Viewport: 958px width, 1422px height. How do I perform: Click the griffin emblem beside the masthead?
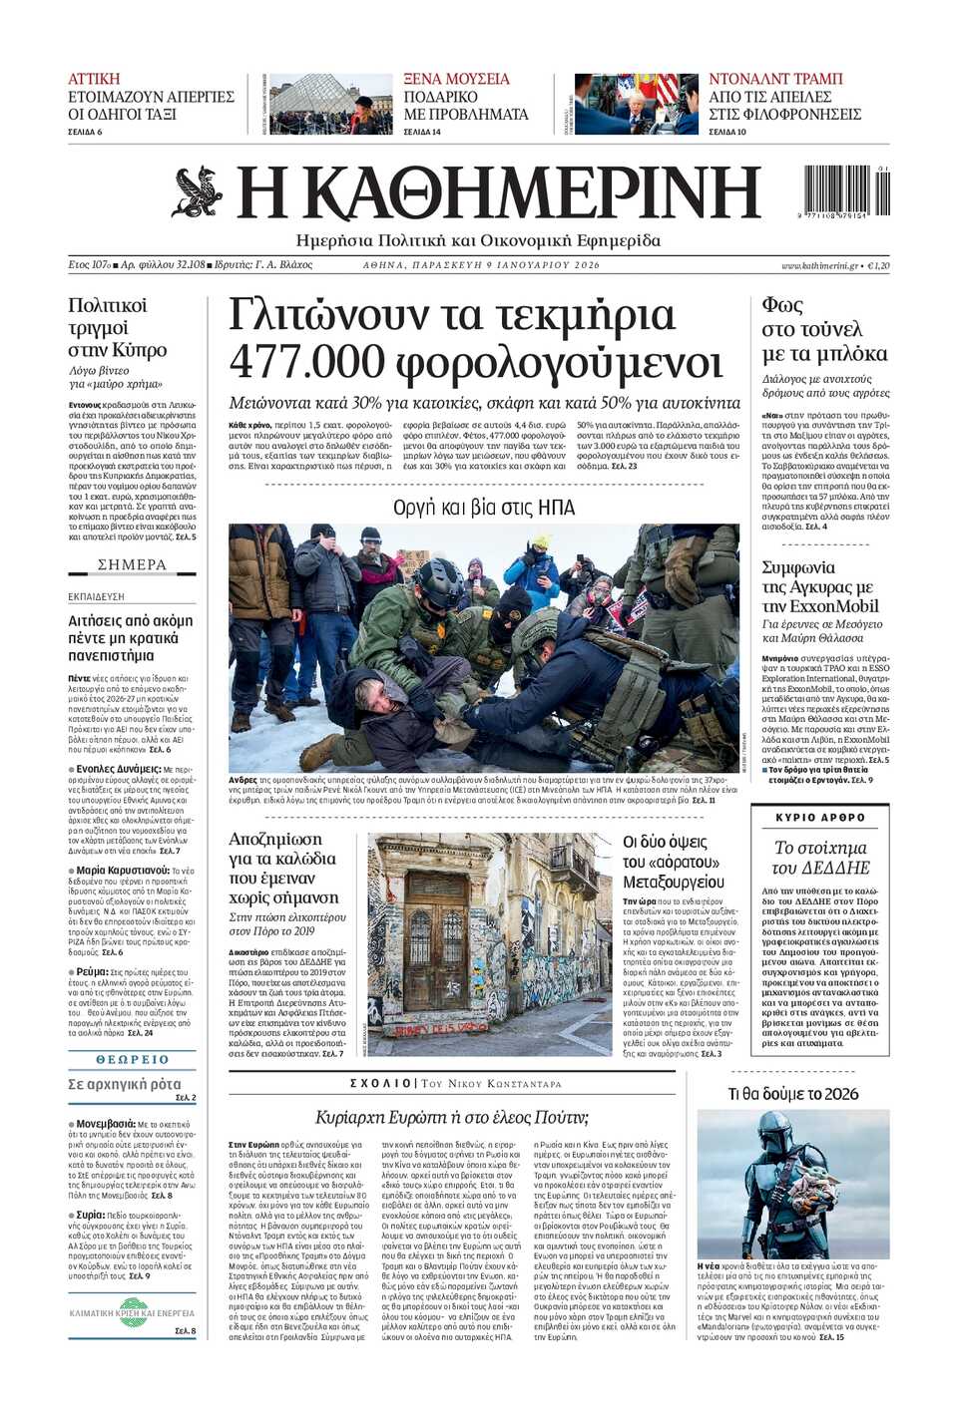coord(198,192)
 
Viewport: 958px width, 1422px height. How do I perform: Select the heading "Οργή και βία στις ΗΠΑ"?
coord(484,508)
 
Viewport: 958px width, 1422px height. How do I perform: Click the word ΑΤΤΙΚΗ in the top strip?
coord(94,79)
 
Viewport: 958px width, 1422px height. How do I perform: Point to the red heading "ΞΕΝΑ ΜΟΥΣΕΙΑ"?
coord(456,79)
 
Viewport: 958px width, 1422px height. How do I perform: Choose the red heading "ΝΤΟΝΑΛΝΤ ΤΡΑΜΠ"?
coord(775,79)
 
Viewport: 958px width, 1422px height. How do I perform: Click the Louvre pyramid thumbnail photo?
coord(330,104)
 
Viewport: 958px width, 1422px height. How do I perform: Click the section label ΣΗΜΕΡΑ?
coord(132,564)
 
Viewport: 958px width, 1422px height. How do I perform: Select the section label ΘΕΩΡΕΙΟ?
coord(132,1059)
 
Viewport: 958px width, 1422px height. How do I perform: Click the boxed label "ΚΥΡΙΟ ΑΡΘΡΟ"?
coord(820,817)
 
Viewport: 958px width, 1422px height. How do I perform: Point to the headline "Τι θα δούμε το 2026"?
coord(793,1094)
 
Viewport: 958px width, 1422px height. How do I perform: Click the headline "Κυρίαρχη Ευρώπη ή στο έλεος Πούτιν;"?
coord(451,1117)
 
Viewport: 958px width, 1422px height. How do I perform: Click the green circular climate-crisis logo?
coord(132,1306)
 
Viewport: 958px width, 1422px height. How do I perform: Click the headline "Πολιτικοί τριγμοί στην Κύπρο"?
coord(117,327)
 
